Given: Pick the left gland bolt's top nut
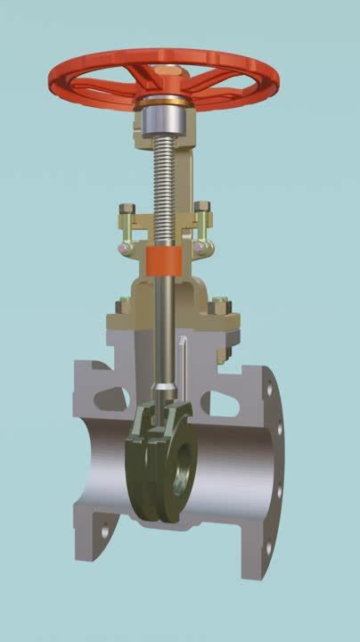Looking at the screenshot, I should click(127, 213).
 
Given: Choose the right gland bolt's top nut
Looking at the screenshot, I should click(202, 212).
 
